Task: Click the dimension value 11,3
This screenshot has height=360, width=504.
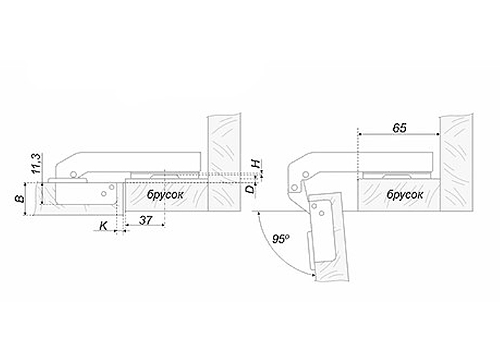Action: coord(37,164)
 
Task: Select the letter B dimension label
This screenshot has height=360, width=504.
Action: coord(20,199)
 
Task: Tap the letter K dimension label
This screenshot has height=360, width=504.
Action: coord(103,226)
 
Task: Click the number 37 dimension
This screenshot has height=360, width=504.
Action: coord(145,220)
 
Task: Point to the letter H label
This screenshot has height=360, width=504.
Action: coord(256,164)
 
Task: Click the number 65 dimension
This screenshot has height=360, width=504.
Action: coord(400,128)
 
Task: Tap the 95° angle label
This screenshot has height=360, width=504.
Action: coord(280,239)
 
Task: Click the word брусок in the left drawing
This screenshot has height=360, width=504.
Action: coord(165,194)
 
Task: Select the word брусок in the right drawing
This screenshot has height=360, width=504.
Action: coord(405,194)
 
